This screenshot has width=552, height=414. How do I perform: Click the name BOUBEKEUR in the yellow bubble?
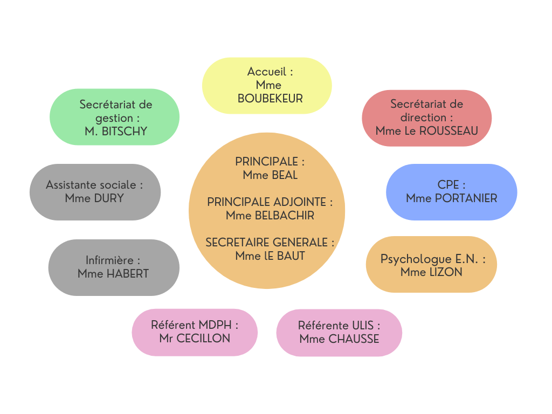click(x=270, y=99)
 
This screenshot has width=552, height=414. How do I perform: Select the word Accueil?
click(x=266, y=72)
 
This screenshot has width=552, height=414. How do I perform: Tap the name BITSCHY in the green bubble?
click(x=125, y=132)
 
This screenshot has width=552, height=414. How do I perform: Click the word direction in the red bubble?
click(x=423, y=117)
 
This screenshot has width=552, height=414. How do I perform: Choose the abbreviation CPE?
click(x=448, y=184)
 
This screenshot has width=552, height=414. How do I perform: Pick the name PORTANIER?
click(x=466, y=198)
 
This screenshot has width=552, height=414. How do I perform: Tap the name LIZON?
click(x=446, y=272)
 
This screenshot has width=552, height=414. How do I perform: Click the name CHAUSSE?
click(x=354, y=339)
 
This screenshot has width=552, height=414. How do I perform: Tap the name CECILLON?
click(x=203, y=339)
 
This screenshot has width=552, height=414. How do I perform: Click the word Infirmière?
click(x=109, y=260)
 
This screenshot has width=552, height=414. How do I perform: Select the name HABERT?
click(x=128, y=273)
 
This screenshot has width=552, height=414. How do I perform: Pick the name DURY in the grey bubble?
click(x=109, y=198)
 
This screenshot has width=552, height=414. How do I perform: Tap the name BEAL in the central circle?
click(x=285, y=175)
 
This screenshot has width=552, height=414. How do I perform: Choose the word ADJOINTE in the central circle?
click(x=300, y=202)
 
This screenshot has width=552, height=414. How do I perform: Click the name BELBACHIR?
click(x=285, y=216)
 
